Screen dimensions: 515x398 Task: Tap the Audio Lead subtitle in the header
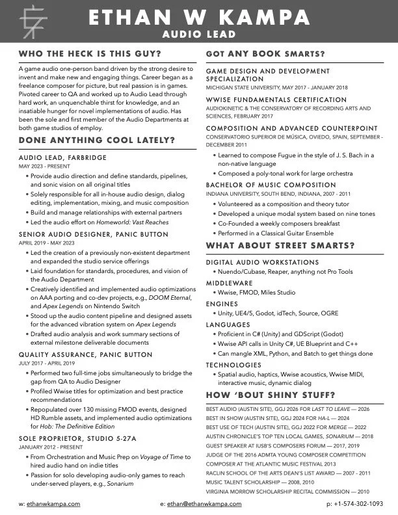[198, 33]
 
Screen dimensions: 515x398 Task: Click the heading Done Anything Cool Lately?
[97, 140]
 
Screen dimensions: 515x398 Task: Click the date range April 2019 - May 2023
[47, 243]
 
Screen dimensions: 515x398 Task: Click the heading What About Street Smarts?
[280, 245]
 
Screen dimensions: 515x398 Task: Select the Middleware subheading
[229, 284]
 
